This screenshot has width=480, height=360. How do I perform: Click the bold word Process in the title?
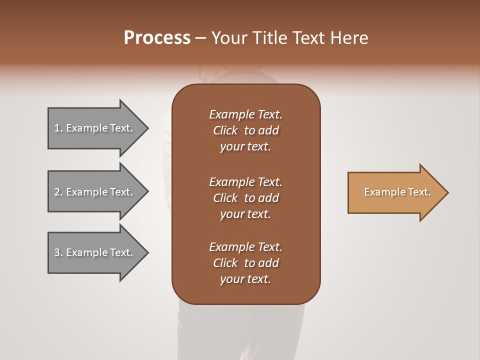coord(157,38)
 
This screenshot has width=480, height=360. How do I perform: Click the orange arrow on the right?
coord(395,192)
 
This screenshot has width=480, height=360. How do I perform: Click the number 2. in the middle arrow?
coord(58,192)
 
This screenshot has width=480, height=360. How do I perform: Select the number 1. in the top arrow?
coord(58,128)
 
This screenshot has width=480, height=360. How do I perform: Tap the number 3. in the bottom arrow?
coord(58,252)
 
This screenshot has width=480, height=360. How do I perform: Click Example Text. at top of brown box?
coord(245,114)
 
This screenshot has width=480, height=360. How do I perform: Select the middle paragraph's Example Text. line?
coord(245,182)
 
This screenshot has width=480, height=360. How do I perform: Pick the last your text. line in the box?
coord(245,279)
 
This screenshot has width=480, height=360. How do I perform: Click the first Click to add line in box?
coord(245,130)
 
